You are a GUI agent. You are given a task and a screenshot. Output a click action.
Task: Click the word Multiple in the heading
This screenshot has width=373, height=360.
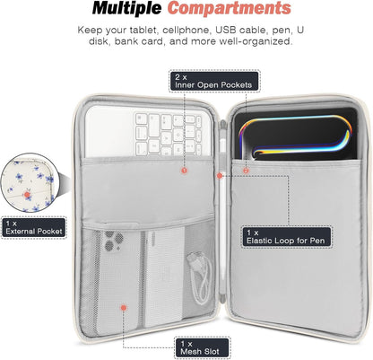coord(126,9)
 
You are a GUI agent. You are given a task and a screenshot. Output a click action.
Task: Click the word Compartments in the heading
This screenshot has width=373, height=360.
coord(230,9)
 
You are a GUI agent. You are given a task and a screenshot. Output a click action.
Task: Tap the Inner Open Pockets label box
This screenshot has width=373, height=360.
coord(213,81)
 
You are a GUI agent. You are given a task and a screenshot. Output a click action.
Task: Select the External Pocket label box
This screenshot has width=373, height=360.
coord(34,227)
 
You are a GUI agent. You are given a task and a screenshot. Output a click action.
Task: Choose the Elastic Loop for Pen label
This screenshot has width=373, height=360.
coord(286,237)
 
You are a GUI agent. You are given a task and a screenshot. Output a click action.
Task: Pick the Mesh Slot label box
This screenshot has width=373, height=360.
coord(201,347)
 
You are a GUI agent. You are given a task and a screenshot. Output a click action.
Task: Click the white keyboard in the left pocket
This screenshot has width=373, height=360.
coord(147,131)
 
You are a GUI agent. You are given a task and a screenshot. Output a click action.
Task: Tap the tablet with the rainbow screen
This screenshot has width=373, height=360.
coord(295,135)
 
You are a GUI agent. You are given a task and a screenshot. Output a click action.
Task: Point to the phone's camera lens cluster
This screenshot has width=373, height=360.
coord(114,241)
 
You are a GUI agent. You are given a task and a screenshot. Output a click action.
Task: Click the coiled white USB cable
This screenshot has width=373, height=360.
coord(199,277)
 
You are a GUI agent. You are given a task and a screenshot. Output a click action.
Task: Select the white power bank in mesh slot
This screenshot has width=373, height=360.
coord(163,277)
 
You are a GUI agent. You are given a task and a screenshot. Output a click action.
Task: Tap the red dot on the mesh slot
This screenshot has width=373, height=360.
coord(124,307)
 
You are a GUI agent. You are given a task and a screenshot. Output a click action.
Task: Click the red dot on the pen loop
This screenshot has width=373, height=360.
coord(220,176)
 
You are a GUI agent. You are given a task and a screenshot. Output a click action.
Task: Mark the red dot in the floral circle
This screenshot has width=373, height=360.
coord(28,195)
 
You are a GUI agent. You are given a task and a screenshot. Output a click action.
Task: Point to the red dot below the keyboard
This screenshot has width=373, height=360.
coord(184,171)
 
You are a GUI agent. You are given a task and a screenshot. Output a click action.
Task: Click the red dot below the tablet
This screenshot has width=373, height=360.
coord(246,171)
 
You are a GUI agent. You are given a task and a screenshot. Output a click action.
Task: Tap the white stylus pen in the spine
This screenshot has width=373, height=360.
coord(221,209)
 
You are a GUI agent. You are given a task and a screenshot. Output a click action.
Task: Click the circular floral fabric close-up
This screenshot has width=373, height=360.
coord(30,182)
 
